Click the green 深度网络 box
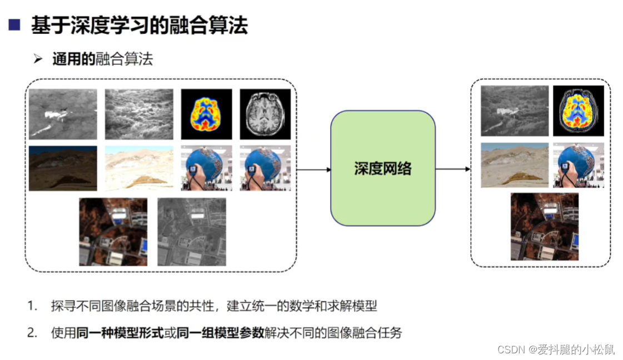tap(383, 168)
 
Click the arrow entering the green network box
tap(313, 169)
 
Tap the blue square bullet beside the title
tap(14, 25)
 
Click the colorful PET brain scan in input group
tap(206, 114)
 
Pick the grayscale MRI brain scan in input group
tap(265, 114)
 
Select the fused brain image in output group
tap(578, 111)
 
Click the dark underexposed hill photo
tap(63, 168)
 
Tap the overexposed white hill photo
tap(139, 168)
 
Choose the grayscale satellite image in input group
tap(192, 232)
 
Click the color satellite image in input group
tap(113, 232)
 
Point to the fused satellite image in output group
tap(544, 227)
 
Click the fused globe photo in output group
tap(578, 164)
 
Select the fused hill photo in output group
tap(514, 164)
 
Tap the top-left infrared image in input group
tap(63, 114)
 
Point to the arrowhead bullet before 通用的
tap(38, 59)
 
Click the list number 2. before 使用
tap(33, 333)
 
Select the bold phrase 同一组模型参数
tap(220, 333)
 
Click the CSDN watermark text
tap(556, 349)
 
